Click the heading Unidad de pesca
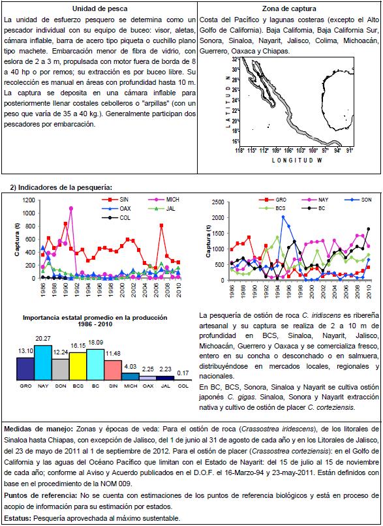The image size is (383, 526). pos(100,9)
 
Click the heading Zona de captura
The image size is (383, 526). pos(289,9)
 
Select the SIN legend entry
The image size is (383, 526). pos(115,200)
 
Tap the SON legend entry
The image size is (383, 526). pos(358,200)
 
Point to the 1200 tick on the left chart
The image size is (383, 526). pos(29,200)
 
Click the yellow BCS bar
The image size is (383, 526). pos(78,366)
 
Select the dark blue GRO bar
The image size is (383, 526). pos(25,369)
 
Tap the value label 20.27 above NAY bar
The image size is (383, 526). pos(43,339)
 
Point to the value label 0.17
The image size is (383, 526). pos(183,373)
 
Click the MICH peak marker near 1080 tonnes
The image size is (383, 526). pos(70,208)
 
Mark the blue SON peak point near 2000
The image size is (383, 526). pos(283,217)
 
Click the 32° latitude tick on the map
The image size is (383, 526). pos(236,59)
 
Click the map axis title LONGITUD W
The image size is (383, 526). pos(297,161)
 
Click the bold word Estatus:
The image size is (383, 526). pos(18,518)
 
